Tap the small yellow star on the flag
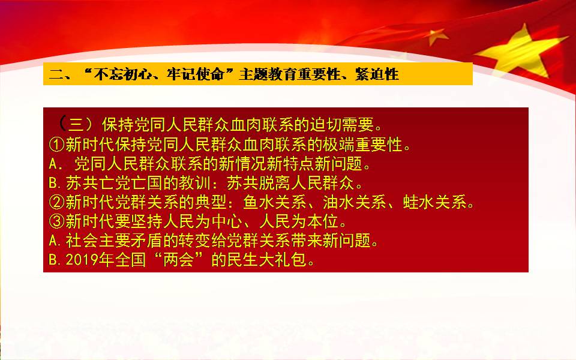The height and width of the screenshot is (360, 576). (x=437, y=37)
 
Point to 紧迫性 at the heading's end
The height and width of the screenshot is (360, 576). (x=377, y=74)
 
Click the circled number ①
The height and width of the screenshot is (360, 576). (x=57, y=145)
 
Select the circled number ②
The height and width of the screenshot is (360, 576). (x=57, y=202)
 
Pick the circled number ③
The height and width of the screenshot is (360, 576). (x=57, y=221)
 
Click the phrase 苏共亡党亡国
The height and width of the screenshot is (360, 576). (x=114, y=183)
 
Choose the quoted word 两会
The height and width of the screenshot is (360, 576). (x=179, y=260)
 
